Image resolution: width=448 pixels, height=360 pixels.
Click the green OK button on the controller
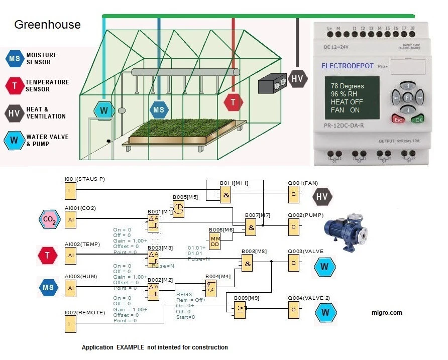pyautogui.click(x=417, y=119)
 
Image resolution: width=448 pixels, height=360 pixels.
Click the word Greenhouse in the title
pyautogui.click(x=47, y=24)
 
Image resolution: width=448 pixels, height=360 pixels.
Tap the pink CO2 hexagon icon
pyautogui.click(x=49, y=219)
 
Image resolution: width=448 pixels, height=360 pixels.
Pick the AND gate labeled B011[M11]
pyautogui.click(x=226, y=195)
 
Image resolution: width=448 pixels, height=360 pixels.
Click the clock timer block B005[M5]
pyautogui.click(x=178, y=209)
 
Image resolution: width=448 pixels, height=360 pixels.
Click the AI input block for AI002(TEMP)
pyautogui.click(x=71, y=256)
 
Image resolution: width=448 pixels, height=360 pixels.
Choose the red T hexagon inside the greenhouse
pyautogui.click(x=233, y=102)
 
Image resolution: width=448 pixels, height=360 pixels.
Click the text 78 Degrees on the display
pyautogui.click(x=347, y=86)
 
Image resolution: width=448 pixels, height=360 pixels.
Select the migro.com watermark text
pyautogui.click(x=386, y=313)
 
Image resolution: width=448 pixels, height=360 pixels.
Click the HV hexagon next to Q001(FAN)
pyautogui.click(x=323, y=197)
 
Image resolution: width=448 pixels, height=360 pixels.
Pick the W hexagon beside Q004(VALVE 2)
pyautogui.click(x=325, y=312)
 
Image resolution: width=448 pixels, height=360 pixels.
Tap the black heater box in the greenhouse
pyautogui.click(x=272, y=85)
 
